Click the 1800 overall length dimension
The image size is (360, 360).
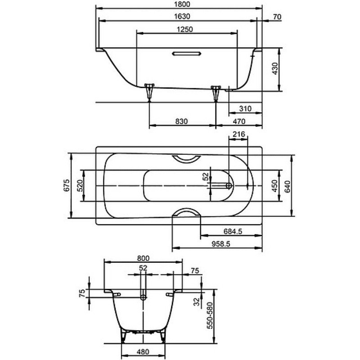pos(182,4)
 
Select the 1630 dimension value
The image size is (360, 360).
pos(182,17)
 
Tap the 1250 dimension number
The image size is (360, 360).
pos(185,29)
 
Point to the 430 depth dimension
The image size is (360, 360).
pos(275,68)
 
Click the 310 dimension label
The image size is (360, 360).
pos(245,108)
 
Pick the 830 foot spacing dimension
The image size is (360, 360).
pos(182,121)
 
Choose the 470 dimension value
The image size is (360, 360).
pos(239,121)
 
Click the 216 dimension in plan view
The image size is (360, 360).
pos(239,134)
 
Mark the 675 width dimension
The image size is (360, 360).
pos(66,185)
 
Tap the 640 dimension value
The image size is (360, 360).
pos(288,186)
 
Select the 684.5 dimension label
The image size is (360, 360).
pos(233,231)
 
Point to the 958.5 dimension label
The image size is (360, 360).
pos(220,244)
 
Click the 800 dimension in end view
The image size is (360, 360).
pos(143,258)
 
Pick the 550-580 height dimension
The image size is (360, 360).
pos(210,316)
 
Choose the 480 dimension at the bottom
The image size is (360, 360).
pos(143,352)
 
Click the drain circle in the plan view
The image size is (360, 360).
pos(229,185)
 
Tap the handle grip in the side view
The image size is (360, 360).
pos(186,54)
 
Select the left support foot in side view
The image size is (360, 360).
pos(149,92)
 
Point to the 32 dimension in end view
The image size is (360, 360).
pos(197,301)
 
